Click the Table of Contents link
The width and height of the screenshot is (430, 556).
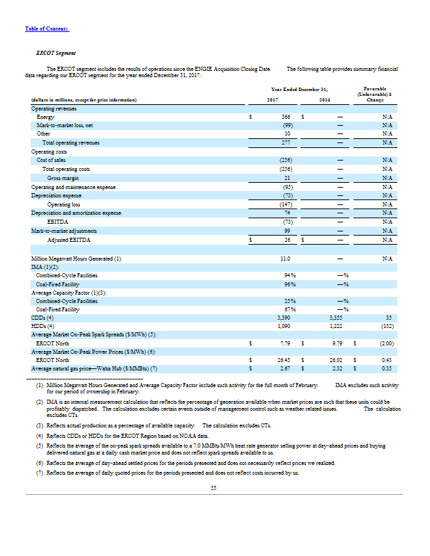[x=47, y=28]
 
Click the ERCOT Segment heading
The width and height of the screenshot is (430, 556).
[x=56, y=53]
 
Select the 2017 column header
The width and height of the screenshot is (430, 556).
[x=273, y=101]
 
